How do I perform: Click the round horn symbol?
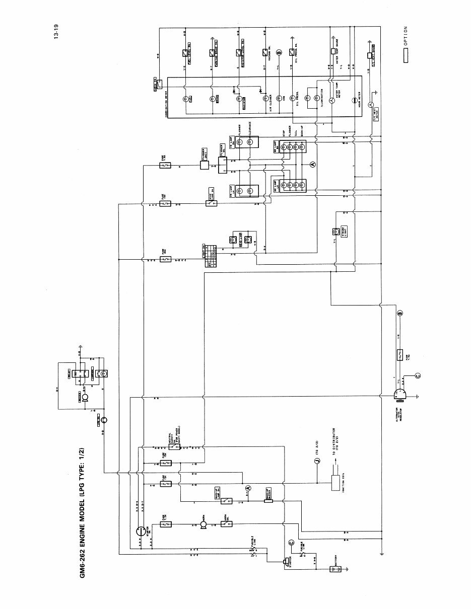coord(203,524)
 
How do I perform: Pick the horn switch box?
coord(227,524)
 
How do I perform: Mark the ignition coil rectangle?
coord(333,483)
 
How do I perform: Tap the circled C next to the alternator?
coord(417,375)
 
